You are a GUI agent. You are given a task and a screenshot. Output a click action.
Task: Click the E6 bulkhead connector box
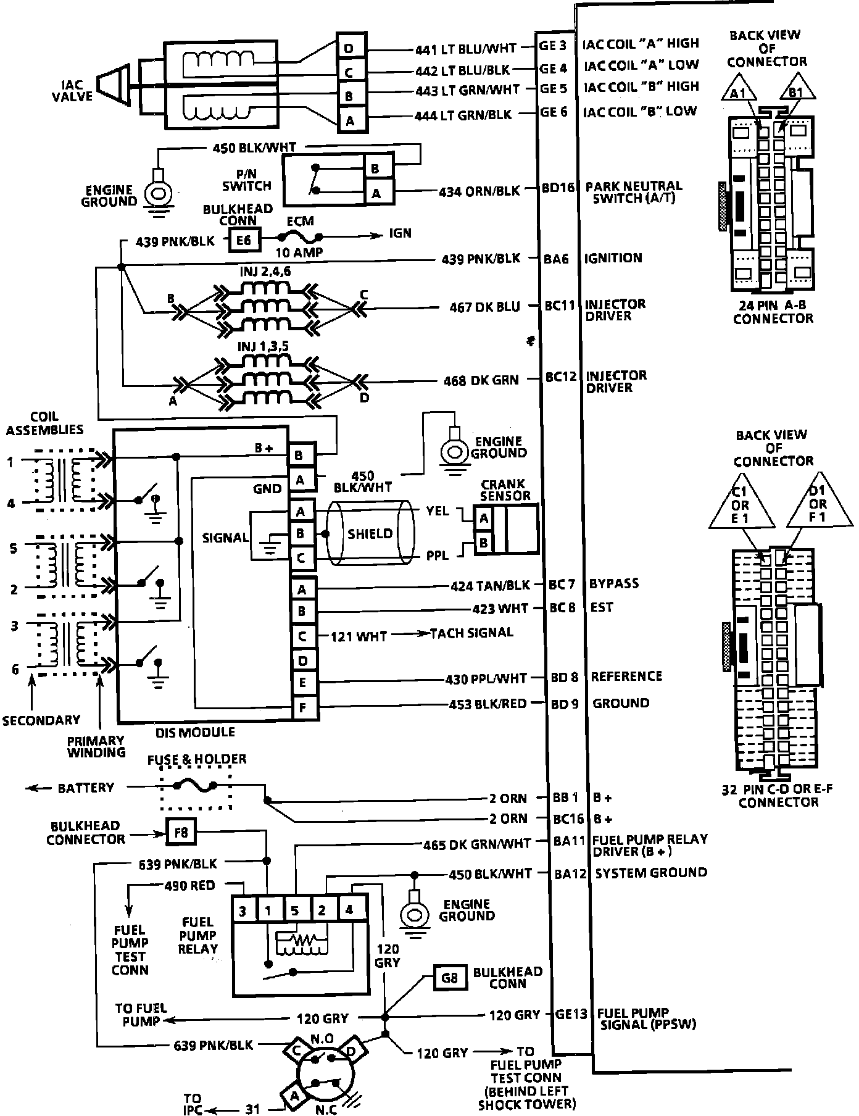244,240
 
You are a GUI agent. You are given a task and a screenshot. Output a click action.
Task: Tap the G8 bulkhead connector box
450,978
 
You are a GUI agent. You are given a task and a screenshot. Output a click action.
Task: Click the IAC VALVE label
77,91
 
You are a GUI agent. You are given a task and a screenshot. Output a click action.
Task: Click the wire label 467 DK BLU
484,307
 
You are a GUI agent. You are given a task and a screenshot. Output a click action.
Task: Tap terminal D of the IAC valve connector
349,48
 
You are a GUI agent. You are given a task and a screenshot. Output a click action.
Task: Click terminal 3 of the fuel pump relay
244,910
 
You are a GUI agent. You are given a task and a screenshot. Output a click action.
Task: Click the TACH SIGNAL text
471,633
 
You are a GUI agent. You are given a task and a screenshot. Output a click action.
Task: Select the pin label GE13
570,1015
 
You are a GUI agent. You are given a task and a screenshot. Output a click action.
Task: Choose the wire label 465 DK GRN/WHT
476,844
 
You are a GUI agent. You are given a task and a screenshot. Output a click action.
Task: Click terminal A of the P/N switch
376,194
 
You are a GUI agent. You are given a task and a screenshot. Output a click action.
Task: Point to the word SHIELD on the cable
370,534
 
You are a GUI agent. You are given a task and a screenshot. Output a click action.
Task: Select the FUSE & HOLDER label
197,759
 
